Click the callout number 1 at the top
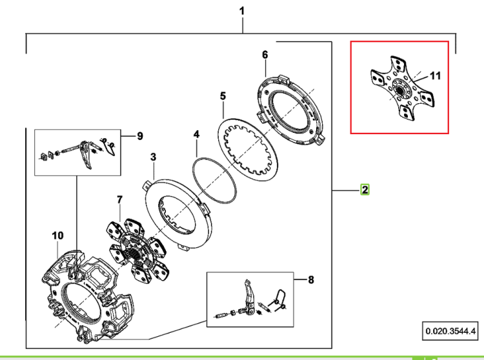[242, 12]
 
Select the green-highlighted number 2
[365, 190]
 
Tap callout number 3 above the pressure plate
[154, 157]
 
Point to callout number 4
[197, 134]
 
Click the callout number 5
[223, 96]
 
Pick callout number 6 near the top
[265, 55]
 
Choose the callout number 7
[120, 200]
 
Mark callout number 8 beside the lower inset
[311, 280]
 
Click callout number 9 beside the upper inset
[140, 136]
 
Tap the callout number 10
[57, 235]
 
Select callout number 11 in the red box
[435, 76]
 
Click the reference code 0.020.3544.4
[450, 332]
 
